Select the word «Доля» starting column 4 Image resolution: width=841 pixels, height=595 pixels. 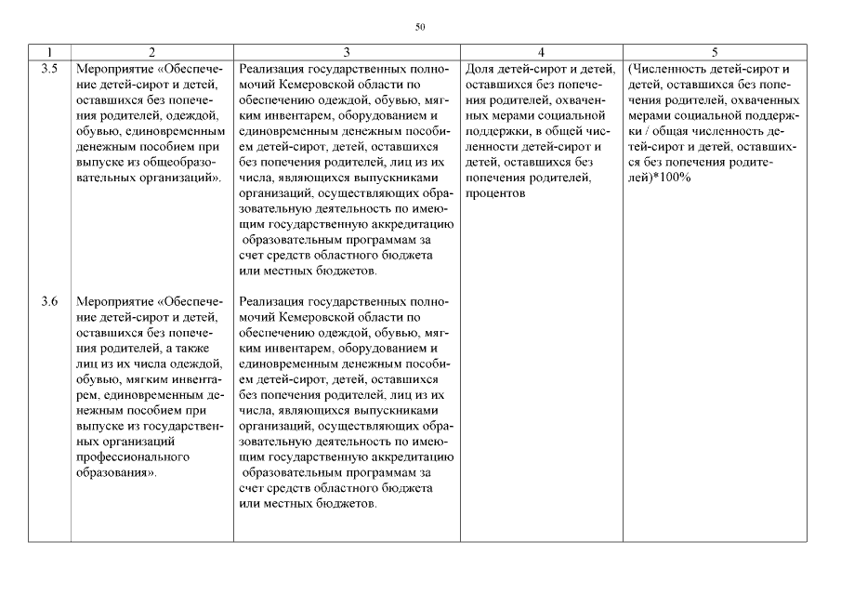(480, 68)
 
